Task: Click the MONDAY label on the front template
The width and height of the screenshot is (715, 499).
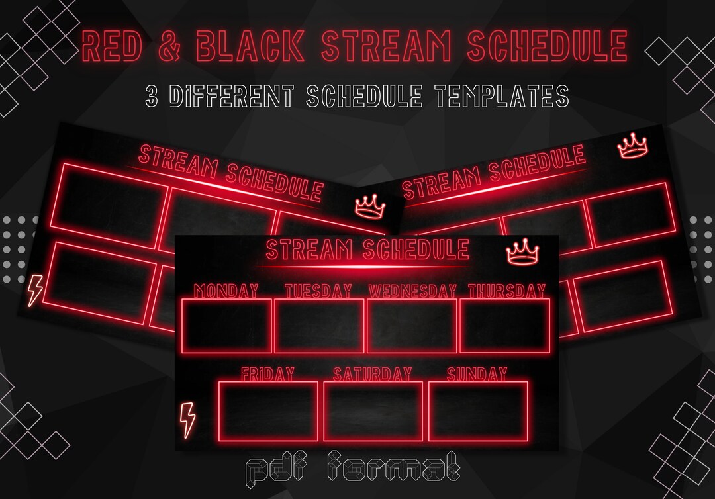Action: pyautogui.click(x=226, y=291)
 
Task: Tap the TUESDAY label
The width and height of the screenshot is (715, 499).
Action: pyautogui.click(x=318, y=291)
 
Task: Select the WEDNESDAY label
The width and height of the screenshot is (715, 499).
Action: pyautogui.click(x=412, y=291)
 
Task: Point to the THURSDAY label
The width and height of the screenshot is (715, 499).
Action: pyautogui.click(x=506, y=291)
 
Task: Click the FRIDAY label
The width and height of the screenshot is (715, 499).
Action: pyautogui.click(x=267, y=374)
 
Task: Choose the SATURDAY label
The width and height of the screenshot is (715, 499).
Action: pyautogui.click(x=372, y=374)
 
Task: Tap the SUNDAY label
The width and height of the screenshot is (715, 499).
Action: pyautogui.click(x=477, y=374)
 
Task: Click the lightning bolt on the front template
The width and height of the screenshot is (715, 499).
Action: pyautogui.click(x=187, y=420)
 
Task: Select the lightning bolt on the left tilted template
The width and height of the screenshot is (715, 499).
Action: pyautogui.click(x=35, y=291)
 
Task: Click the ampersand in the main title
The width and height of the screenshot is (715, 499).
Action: pyautogui.click(x=169, y=46)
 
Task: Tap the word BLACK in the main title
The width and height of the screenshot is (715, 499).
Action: pyautogui.click(x=250, y=46)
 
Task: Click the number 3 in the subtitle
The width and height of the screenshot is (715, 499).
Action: pyautogui.click(x=152, y=96)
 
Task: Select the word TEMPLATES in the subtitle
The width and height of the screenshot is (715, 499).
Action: pyautogui.click(x=501, y=96)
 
